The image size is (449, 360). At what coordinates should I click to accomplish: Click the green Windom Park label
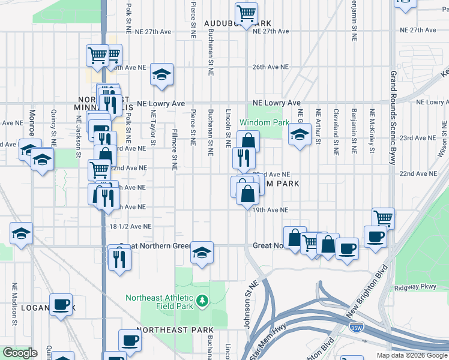click(264, 122)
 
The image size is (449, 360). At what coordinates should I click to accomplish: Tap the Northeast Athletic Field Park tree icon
click(203, 299)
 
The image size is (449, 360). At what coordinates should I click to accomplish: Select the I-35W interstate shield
click(355, 328)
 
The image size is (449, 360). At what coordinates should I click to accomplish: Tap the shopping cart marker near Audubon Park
click(246, 13)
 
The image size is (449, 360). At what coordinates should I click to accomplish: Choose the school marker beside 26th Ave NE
click(161, 74)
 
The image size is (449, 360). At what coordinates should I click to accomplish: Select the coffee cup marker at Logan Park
click(61, 304)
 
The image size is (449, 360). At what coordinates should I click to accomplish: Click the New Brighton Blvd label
click(366, 300)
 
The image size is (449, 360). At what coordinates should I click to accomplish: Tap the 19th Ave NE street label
click(270, 211)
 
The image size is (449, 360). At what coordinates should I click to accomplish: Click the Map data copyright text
click(411, 355)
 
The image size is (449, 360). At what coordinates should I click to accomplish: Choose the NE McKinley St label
click(372, 129)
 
